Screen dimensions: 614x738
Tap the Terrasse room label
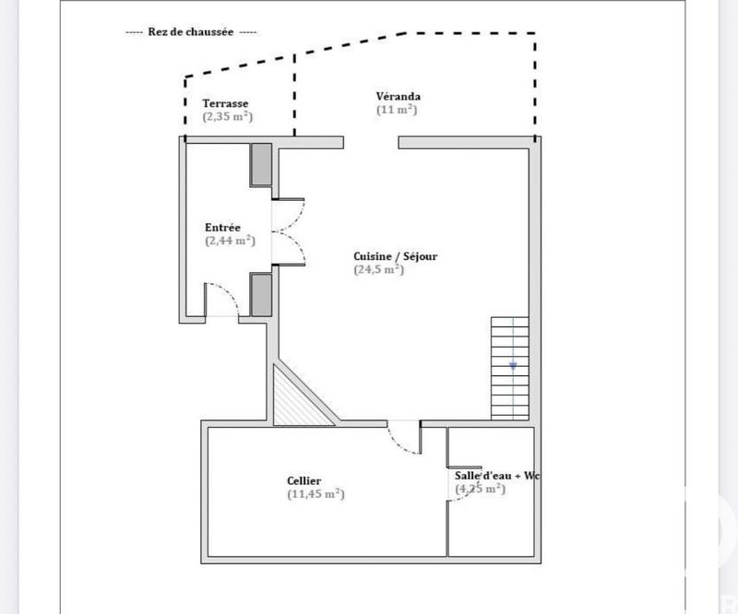click(x=227, y=103)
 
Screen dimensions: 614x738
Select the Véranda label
click(x=399, y=96)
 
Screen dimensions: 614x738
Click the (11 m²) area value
click(x=397, y=110)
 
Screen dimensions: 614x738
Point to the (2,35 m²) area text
click(x=228, y=117)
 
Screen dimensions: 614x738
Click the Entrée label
click(x=223, y=227)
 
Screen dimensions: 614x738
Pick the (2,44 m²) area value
click(x=230, y=241)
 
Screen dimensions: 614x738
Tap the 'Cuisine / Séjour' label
click(x=395, y=256)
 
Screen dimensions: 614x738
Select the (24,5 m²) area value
click(x=379, y=270)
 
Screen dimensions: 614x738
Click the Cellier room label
click(x=304, y=480)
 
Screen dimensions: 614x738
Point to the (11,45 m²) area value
click(x=315, y=494)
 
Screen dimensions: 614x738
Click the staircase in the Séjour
click(x=510, y=368)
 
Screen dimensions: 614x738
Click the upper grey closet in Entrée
click(x=262, y=164)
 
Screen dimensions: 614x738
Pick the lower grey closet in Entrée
click(x=262, y=295)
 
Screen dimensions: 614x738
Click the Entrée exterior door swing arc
click(x=220, y=300)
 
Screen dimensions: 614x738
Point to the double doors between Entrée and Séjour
click(x=288, y=231)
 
